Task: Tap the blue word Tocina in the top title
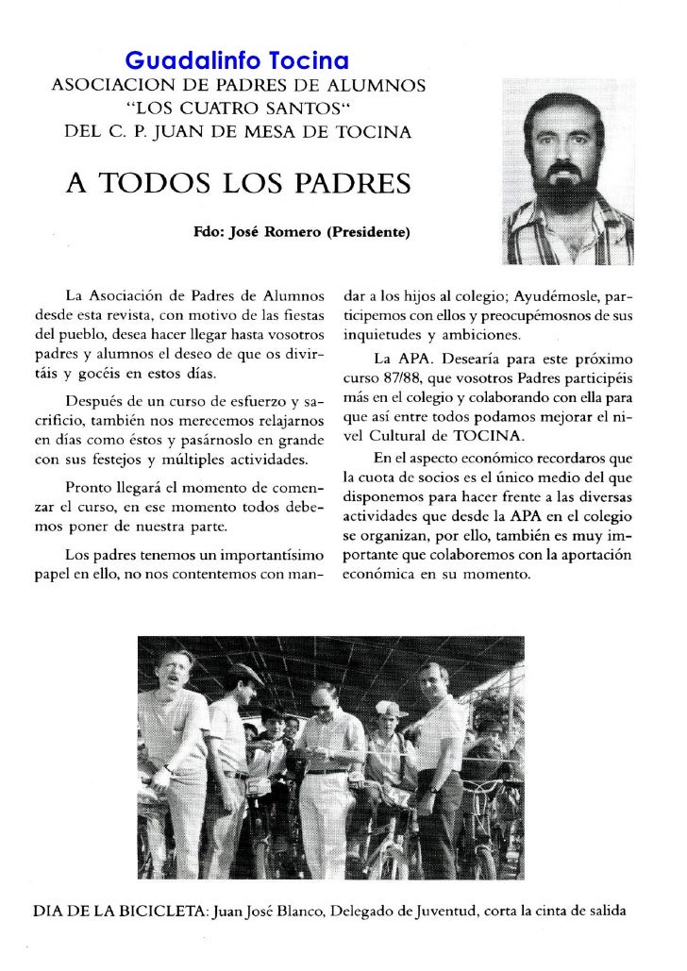tap(309, 62)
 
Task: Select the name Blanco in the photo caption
tap(308, 912)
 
